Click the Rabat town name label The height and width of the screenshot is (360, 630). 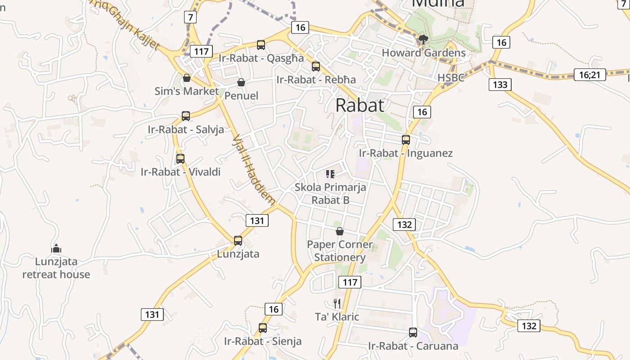pyautogui.click(x=360, y=105)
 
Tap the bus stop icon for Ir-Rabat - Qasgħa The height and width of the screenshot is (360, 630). pyautogui.click(x=261, y=45)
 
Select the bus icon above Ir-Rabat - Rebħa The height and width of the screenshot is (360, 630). pyautogui.click(x=316, y=67)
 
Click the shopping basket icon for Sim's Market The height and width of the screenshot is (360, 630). pyautogui.click(x=187, y=78)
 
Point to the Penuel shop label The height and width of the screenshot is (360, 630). pyautogui.click(x=241, y=95)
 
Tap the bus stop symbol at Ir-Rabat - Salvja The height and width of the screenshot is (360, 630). pyautogui.click(x=186, y=116)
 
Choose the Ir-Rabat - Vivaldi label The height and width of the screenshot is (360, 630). pyautogui.click(x=180, y=172)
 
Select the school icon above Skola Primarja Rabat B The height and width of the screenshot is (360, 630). pyautogui.click(x=330, y=174)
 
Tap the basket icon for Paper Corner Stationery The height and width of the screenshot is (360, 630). pyautogui.click(x=340, y=231)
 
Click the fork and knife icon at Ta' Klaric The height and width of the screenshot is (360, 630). pyautogui.click(x=337, y=304)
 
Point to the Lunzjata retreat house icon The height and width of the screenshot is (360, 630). pyautogui.click(x=56, y=248)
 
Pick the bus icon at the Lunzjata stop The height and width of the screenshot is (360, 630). pyautogui.click(x=238, y=241)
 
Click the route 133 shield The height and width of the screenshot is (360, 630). pyautogui.click(x=500, y=84)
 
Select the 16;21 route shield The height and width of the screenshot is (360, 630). pyautogui.click(x=589, y=75)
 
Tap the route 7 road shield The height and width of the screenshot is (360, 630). pyautogui.click(x=191, y=17)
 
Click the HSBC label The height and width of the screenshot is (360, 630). pyautogui.click(x=451, y=78)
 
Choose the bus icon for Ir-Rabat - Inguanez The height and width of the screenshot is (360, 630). pyautogui.click(x=406, y=140)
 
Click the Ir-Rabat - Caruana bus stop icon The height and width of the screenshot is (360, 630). pyautogui.click(x=413, y=333)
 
